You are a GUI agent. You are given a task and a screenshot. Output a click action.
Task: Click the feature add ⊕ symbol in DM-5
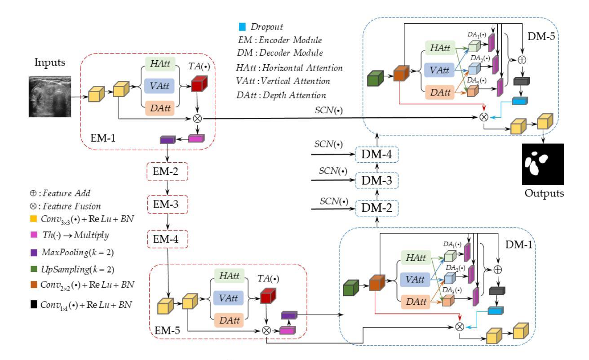click(522, 58)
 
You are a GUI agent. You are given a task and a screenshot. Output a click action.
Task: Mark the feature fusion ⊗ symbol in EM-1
click(197, 119)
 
